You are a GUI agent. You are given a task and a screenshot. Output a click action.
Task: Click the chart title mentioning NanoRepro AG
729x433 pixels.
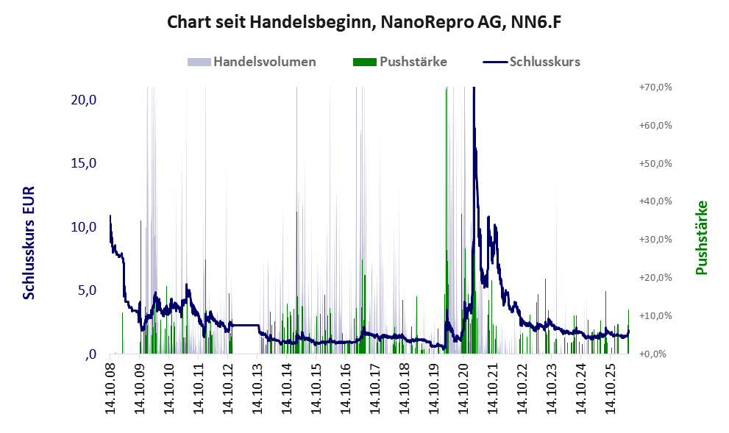tap(364, 22)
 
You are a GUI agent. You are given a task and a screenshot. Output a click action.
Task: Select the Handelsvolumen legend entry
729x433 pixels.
tap(252, 62)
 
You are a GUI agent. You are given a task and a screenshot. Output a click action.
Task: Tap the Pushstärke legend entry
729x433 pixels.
tap(400, 62)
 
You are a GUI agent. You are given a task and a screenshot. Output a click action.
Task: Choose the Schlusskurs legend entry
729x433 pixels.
tap(531, 62)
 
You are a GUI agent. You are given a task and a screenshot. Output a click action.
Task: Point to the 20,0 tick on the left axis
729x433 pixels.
tap(83, 99)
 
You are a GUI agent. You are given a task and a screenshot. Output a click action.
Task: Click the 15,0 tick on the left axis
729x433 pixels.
tap(83, 163)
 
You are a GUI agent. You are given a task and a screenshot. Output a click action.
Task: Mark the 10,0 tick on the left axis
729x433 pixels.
tap(83, 226)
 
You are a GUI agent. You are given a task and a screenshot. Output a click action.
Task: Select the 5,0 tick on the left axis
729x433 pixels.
tap(87, 290)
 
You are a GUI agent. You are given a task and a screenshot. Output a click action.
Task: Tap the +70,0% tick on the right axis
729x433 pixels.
tap(655, 87)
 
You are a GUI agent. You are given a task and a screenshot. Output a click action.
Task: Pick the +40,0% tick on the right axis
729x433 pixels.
tap(655, 201)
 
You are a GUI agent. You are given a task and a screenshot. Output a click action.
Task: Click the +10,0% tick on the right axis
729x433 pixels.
tap(655, 315)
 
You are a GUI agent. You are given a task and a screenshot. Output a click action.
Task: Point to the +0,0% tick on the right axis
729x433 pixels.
tap(655, 354)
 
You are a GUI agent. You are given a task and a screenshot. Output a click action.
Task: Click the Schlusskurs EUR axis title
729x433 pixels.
tap(29, 243)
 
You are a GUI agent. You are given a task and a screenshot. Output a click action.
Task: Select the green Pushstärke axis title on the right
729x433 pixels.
tap(702, 237)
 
